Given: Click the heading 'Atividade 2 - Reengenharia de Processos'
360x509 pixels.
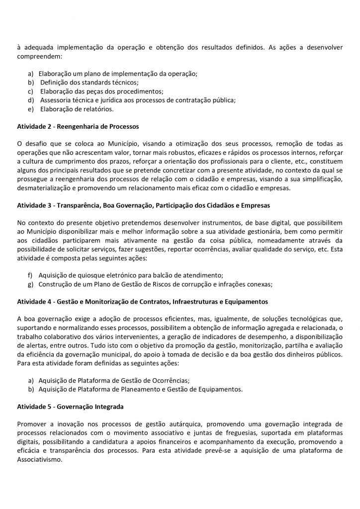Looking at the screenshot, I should pos(78,126).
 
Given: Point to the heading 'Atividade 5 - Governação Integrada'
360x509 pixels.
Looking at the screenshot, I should pos(70,407).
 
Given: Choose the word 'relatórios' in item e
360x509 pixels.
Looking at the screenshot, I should pos(98,108).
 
